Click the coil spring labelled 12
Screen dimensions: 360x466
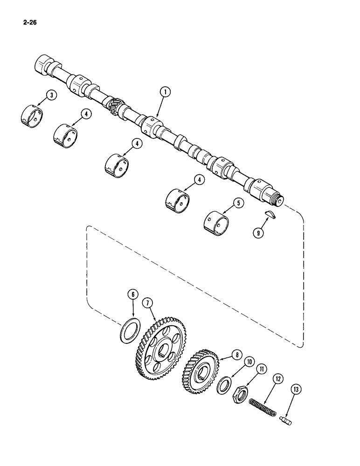(263, 402)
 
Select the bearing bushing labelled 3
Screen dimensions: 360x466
(32, 116)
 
